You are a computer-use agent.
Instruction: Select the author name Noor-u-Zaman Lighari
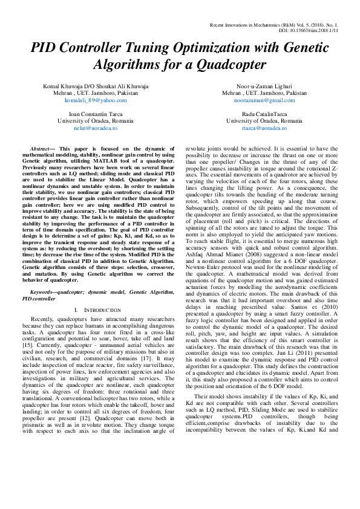tap(264, 86)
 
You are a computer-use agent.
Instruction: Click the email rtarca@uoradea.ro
tap(264, 128)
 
